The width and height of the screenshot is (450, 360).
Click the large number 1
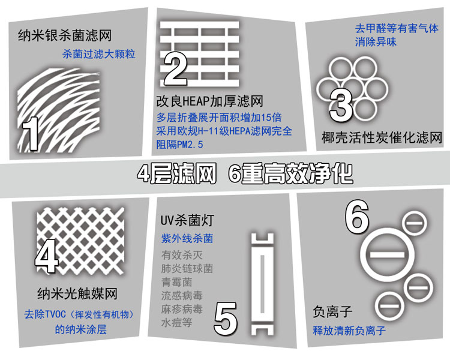[29, 133]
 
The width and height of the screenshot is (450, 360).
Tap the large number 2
[175, 69]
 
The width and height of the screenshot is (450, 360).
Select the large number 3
[341, 106]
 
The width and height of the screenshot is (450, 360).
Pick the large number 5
[226, 319]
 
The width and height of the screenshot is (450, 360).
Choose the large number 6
[357, 216]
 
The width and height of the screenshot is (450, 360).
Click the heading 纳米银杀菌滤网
[65, 36]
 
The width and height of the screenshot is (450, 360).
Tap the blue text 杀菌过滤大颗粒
[99, 54]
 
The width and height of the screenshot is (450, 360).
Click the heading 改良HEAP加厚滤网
[209, 101]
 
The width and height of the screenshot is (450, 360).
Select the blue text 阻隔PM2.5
[179, 145]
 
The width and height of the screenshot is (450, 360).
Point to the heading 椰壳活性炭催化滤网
[382, 137]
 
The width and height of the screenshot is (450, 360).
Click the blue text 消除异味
[376, 42]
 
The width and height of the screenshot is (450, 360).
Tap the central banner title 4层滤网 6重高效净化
[245, 173]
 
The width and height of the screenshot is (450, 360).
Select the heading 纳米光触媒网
[77, 293]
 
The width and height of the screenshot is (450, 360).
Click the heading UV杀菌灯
[187, 220]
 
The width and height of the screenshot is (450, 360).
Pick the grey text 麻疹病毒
[182, 309]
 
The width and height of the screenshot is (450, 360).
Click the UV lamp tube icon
[262, 284]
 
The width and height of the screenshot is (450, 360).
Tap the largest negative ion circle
[388, 254]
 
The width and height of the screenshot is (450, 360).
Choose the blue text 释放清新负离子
[349, 331]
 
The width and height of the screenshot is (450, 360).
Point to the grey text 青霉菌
[176, 282]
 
